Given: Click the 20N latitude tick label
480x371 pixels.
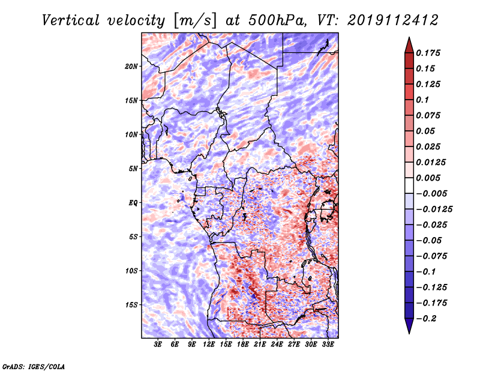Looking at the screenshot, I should pos(131,66).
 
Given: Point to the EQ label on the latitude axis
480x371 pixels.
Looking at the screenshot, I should pos(133,203).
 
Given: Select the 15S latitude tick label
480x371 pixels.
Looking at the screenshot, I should pos(131,305).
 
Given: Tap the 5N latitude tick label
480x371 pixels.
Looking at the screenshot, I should pos(133,169).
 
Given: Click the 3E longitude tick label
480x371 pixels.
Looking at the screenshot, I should pos(158,345).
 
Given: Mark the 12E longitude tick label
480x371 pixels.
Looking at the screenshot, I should pos(209,345).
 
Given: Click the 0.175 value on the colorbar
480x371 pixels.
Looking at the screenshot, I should pos(429,53).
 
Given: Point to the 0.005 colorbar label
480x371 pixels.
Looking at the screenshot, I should pos(429,178).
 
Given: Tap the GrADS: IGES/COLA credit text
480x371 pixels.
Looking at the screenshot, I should pos(34,366).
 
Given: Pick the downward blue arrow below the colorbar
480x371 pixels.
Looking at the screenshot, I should pos(409,327).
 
